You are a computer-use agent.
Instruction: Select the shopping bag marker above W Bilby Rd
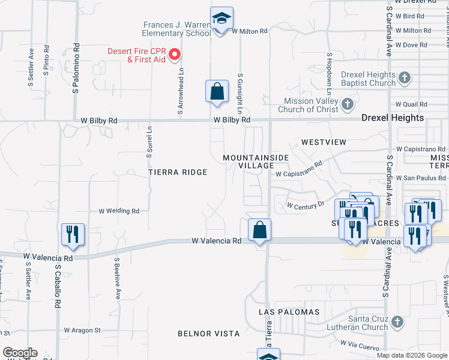click(x=217, y=92)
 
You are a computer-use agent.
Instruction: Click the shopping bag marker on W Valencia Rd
click(x=259, y=230)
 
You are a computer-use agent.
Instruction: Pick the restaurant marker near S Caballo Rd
click(x=73, y=235)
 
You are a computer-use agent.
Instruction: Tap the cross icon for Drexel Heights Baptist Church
click(x=405, y=78)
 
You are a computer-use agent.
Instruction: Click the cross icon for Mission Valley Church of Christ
click(x=347, y=105)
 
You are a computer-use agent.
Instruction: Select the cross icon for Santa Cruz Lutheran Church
click(x=396, y=323)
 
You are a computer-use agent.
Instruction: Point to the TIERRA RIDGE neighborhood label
click(x=178, y=172)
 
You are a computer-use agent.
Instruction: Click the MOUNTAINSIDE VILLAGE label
click(x=256, y=161)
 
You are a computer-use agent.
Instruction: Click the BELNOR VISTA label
click(x=209, y=333)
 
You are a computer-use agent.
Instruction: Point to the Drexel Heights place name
click(x=393, y=118)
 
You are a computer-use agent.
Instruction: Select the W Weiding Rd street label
click(x=119, y=211)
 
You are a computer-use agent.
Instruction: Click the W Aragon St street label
click(x=82, y=330)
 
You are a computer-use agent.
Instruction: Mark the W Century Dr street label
click(x=306, y=205)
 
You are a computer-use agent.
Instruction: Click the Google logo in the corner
click(x=20, y=353)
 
